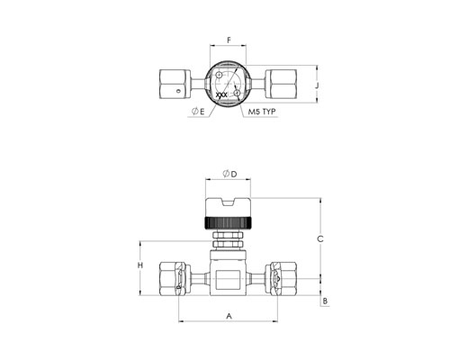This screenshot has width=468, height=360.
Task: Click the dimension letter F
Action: (x=229, y=40)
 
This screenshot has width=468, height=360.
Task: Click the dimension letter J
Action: (x=317, y=85)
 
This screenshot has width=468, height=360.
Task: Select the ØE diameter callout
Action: (x=198, y=112)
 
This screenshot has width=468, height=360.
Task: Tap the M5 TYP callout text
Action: (x=262, y=112)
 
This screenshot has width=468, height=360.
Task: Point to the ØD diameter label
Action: (x=229, y=174)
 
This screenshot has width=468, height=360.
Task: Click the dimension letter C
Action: (x=320, y=239)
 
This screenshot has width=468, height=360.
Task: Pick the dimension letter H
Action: (x=140, y=265)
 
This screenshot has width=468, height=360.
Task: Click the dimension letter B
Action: (x=325, y=301)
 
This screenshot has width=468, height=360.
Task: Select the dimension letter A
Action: (x=229, y=316)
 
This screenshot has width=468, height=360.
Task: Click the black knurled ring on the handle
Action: (x=229, y=223)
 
